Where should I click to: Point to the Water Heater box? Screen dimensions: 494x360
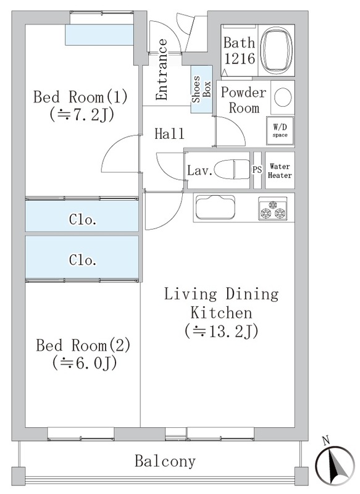click(280, 170)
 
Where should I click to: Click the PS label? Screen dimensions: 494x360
click(257, 170)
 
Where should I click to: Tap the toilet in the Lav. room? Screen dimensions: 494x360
click(235, 169)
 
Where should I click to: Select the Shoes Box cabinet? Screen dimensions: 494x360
click(200, 90)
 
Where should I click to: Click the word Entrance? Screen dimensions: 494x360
click(162, 70)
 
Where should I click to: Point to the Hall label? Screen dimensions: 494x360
click(169, 134)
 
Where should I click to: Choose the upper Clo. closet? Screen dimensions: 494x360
click(82, 220)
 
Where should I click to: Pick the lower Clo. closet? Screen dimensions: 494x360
click(82, 261)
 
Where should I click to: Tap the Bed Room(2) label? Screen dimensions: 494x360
click(82, 345)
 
